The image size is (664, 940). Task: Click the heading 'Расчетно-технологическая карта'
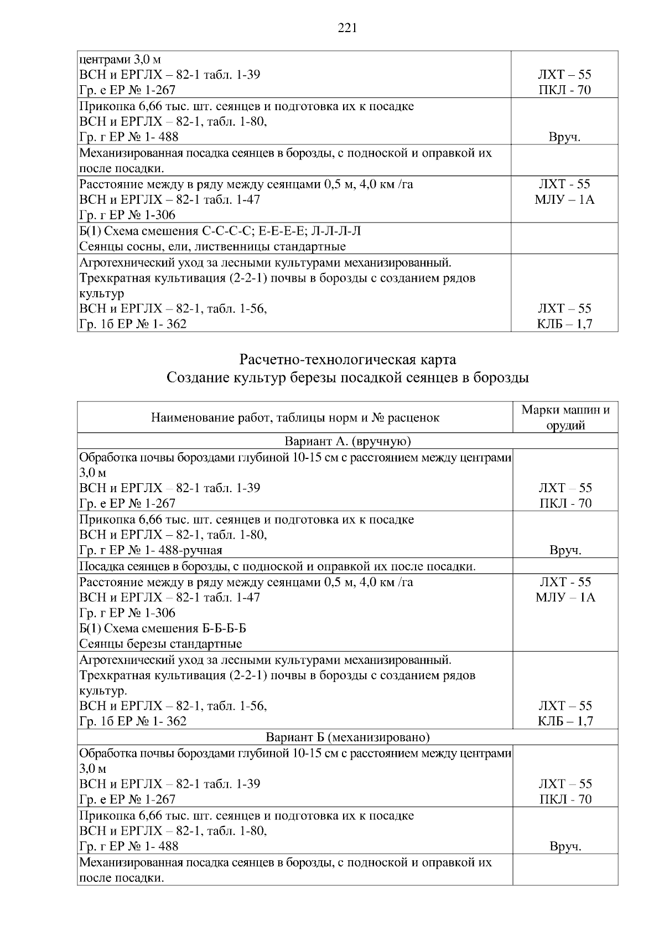pyautogui.click(x=347, y=359)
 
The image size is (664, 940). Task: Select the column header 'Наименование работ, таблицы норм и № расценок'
pyautogui.click(x=295, y=418)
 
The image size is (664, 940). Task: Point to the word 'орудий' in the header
pyautogui.click(x=565, y=425)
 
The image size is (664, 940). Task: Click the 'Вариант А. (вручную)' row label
pyautogui.click(x=347, y=441)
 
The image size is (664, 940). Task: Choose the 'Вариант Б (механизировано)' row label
pyautogui.click(x=347, y=737)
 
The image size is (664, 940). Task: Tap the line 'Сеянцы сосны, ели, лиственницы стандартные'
pyautogui.click(x=212, y=246)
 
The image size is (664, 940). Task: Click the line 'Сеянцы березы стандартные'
pyautogui.click(x=160, y=644)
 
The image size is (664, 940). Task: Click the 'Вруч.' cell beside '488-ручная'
pyautogui.click(x=565, y=550)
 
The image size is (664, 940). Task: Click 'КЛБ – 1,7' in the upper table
pyautogui.click(x=565, y=324)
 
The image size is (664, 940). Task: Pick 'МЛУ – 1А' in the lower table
pyautogui.click(x=565, y=597)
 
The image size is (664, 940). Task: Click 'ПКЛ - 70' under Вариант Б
pyautogui.click(x=565, y=799)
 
